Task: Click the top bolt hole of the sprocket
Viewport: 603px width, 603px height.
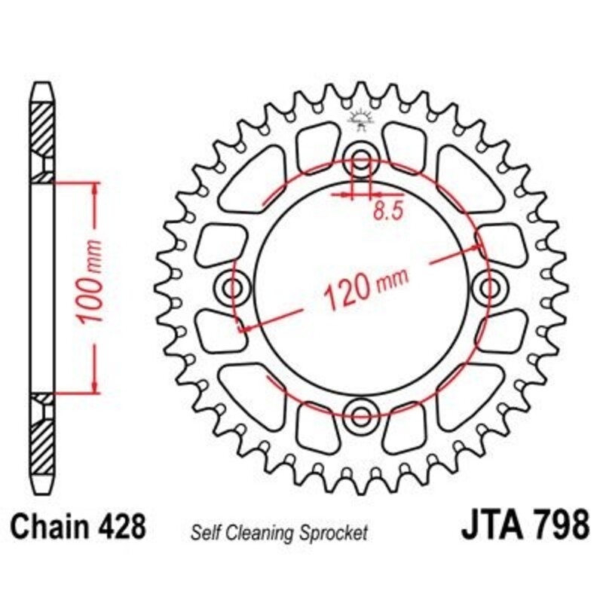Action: tap(362, 160)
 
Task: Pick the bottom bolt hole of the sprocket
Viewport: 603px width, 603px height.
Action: tap(362, 412)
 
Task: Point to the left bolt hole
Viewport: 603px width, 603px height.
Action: tap(233, 286)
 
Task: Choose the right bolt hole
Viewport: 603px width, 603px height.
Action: tap(491, 286)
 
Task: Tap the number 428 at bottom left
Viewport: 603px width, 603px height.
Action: tap(122, 526)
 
